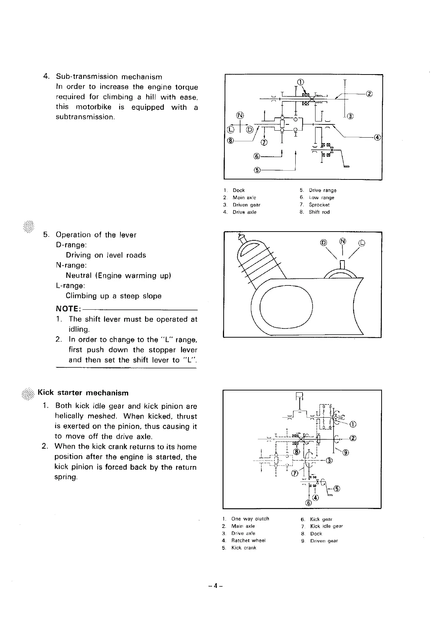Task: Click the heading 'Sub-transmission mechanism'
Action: point(109,77)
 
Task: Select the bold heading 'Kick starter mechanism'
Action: point(83,393)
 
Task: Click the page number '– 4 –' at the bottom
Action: point(216,586)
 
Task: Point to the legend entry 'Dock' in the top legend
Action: point(239,190)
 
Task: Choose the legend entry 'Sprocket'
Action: point(319,205)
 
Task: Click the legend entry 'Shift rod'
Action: point(319,212)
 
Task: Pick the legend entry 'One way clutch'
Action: point(250,519)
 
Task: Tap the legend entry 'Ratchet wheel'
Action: point(248,540)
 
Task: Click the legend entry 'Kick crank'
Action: point(244,548)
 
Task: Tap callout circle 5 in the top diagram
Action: point(257,170)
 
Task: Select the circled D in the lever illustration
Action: point(324,242)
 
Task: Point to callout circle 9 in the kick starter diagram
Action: point(345,452)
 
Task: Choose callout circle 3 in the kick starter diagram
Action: point(329,461)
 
